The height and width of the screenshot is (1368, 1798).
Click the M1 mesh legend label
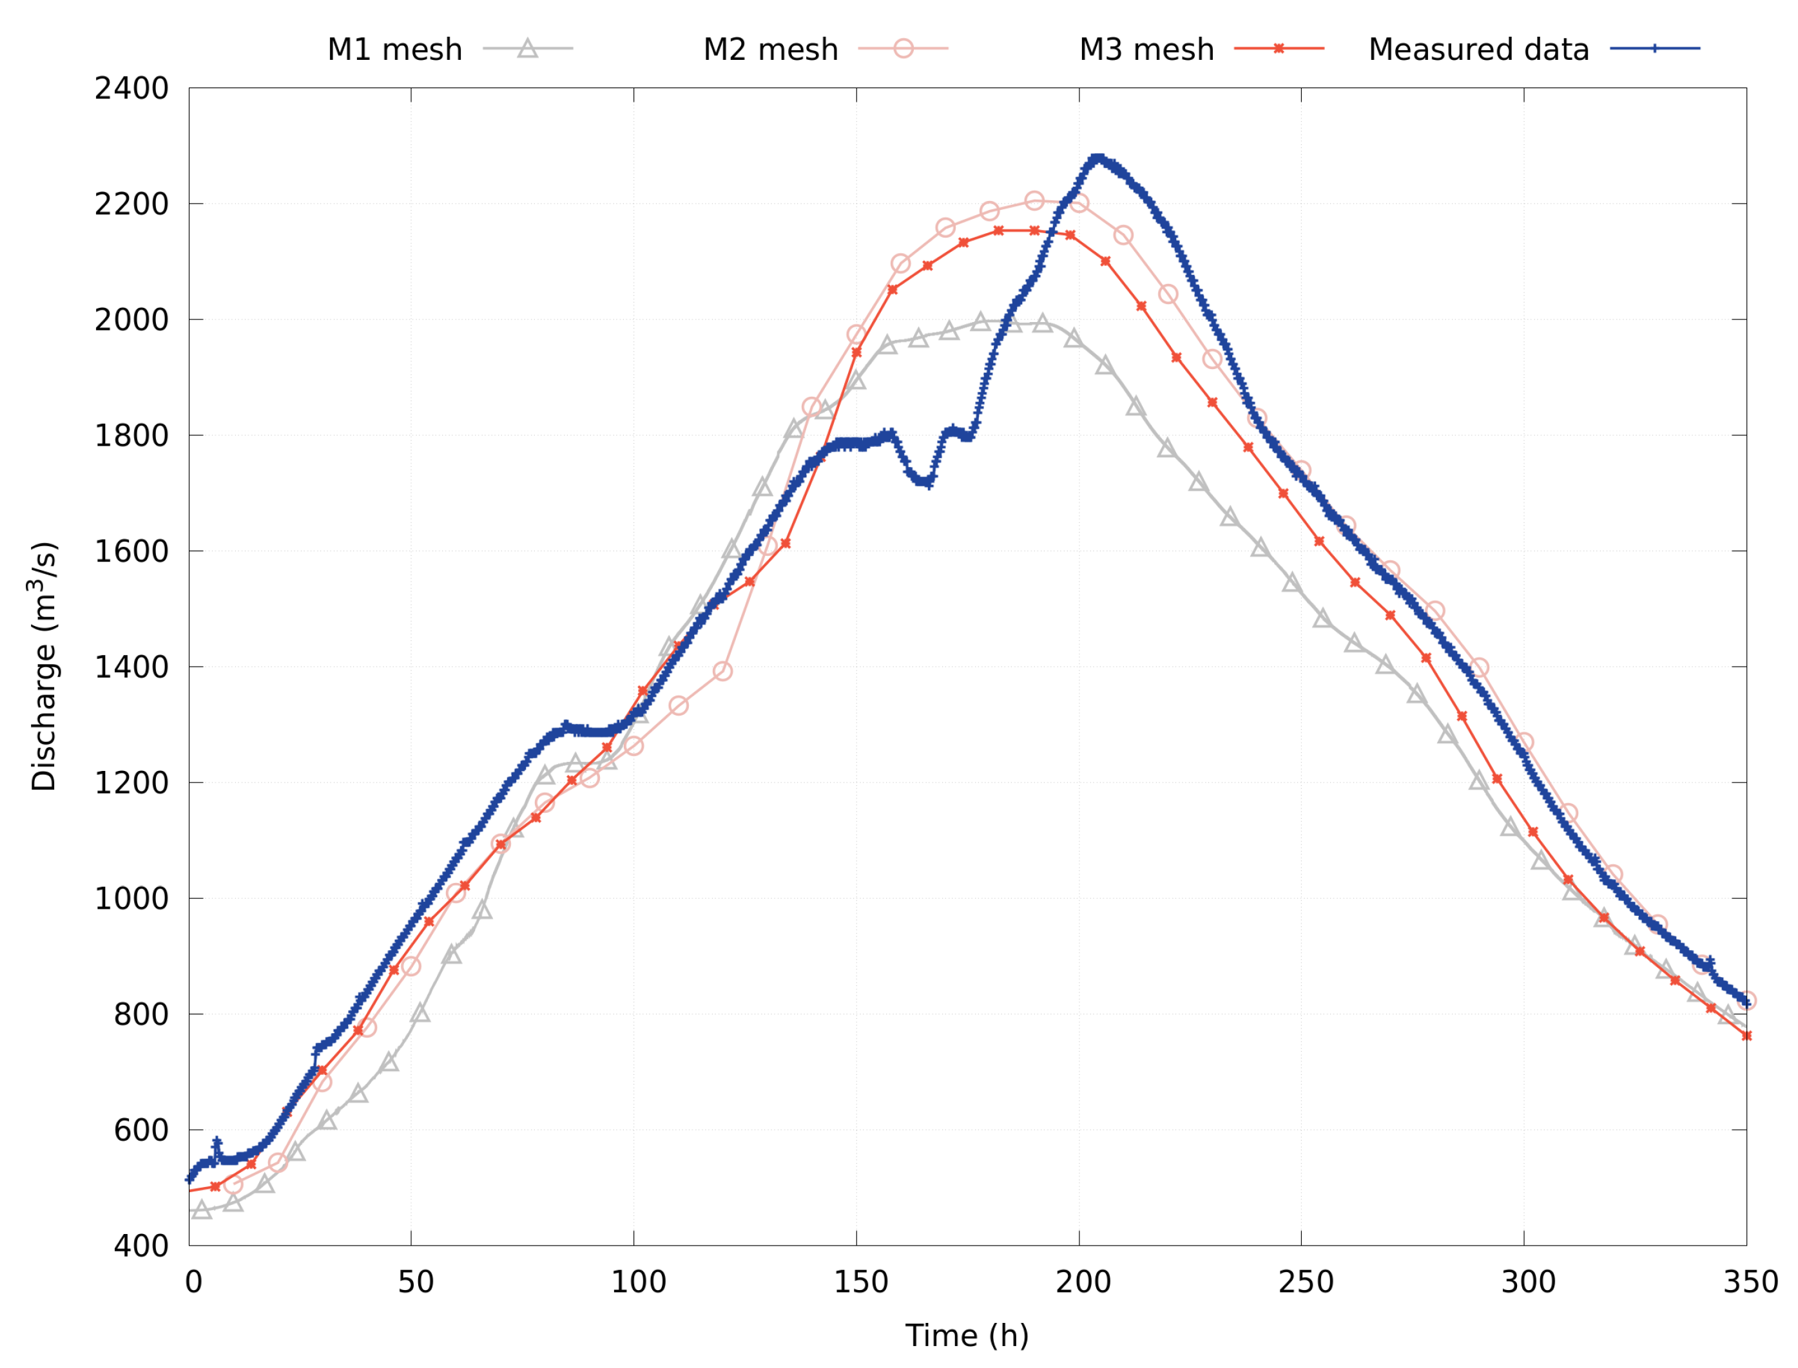[394, 50]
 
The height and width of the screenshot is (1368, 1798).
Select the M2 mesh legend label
[770, 50]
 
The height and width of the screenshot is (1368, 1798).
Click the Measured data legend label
[1478, 50]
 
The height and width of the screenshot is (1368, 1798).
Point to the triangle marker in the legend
[527, 48]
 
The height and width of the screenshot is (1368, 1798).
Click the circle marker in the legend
[903, 48]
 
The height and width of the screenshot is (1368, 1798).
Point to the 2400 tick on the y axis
[131, 89]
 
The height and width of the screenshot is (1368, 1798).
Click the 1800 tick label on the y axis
[131, 435]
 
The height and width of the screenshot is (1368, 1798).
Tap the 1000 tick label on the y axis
[131, 899]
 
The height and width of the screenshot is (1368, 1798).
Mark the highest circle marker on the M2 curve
[1034, 201]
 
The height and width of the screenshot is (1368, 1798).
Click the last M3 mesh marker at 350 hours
[1746, 1036]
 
